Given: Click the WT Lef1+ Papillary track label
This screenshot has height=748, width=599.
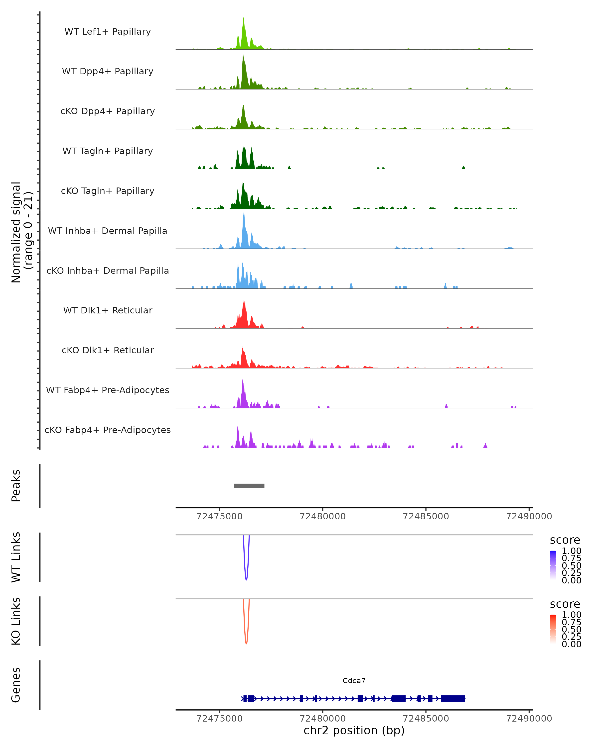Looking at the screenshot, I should coord(108,32).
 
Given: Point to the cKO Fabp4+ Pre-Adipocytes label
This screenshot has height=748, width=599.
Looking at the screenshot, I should coord(108,430).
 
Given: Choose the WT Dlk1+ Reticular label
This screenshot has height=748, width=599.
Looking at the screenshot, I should coord(108,310).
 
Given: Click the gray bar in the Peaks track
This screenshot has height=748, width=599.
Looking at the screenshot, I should coord(249,486).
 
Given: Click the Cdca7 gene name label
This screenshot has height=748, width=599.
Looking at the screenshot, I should coord(354,681).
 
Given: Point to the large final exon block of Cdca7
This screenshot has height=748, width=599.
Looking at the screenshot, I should coord(453,699).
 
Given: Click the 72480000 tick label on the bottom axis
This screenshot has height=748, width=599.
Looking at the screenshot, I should coord(323,719).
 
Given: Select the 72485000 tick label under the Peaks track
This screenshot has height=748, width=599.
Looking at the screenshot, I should coord(426,516).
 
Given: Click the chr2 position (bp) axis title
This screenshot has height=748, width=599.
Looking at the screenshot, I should coord(354,731).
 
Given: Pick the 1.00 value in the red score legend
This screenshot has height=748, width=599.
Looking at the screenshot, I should coord(571,615).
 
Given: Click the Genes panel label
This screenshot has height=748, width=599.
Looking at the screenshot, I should coord(16,685).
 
